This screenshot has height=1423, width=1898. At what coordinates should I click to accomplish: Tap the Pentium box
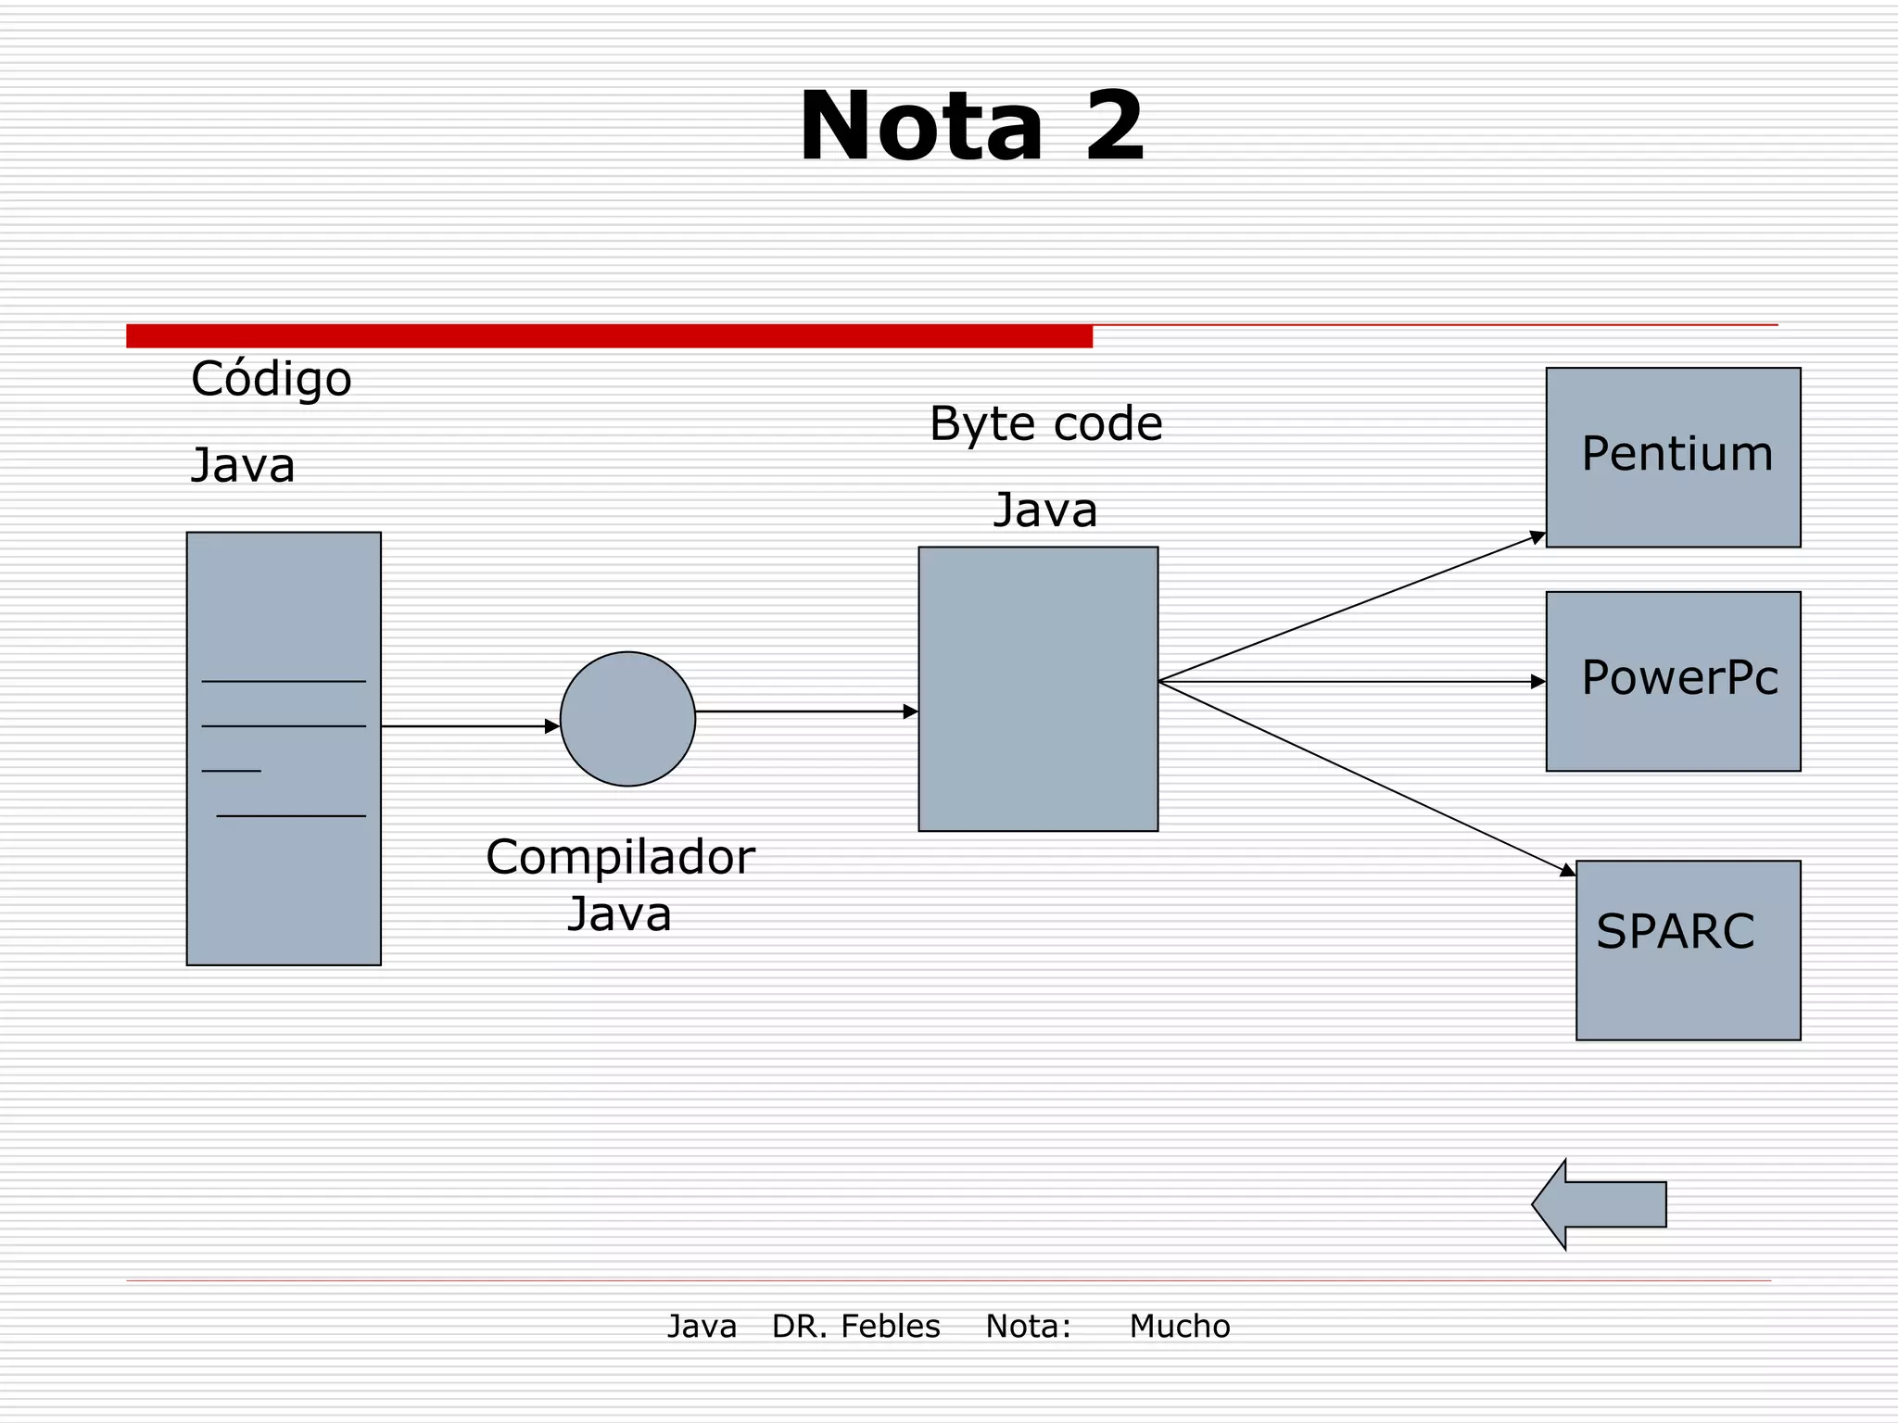click(x=1673, y=458)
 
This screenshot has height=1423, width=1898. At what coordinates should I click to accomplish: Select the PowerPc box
click(x=1673, y=681)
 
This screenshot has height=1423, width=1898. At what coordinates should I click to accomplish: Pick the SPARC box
click(x=1688, y=951)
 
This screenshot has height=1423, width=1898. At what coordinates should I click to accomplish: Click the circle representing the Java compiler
click(x=627, y=719)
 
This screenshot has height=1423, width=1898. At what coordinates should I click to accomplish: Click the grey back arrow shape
click(x=1598, y=1204)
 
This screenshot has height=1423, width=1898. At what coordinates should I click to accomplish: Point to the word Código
click(x=271, y=379)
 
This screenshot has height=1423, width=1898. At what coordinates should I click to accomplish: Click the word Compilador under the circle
click(x=619, y=857)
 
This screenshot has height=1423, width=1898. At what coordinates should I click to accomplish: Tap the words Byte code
click(x=1045, y=424)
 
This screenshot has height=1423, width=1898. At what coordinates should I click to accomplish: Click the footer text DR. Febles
click(x=855, y=1326)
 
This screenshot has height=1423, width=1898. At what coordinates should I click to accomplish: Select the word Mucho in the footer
click(x=1179, y=1326)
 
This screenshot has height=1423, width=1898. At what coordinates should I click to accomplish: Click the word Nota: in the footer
click(x=1028, y=1326)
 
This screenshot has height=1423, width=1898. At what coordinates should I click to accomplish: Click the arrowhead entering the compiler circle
click(x=552, y=726)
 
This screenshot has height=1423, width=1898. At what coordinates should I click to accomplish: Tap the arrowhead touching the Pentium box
click(x=1537, y=537)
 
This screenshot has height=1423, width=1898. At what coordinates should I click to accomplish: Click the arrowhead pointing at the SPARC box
click(x=1567, y=870)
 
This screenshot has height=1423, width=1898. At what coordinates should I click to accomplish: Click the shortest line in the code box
click(x=231, y=771)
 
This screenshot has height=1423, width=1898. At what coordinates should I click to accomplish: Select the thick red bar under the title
click(x=609, y=336)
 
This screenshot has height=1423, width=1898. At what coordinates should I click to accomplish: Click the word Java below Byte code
click(x=1045, y=510)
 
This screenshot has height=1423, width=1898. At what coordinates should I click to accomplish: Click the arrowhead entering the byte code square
click(x=910, y=711)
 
